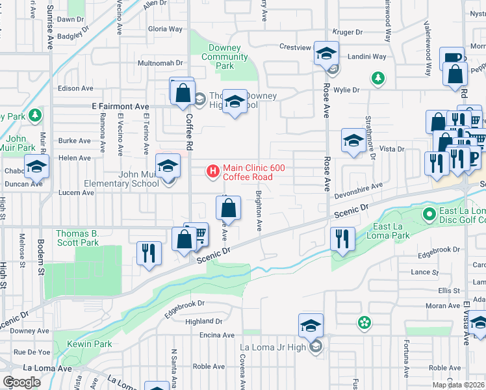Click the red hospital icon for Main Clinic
pos(212,172)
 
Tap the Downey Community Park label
pos(225,57)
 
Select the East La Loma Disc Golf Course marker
pos(428,213)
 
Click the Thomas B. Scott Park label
pos(77,238)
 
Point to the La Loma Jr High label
pos(273,347)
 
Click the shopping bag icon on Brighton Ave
pos(229,209)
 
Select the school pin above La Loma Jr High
pos(311,324)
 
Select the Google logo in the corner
pos(22,382)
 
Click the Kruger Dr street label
pos(347,32)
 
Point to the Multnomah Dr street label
pos(161,63)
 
